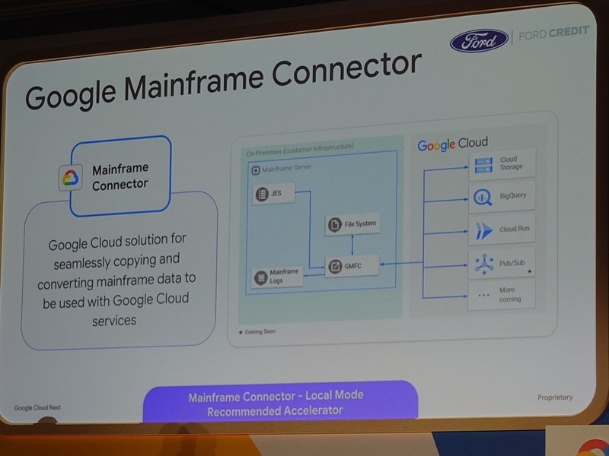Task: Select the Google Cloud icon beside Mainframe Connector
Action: point(70,179)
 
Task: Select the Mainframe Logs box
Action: point(278,275)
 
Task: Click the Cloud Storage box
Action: point(502,163)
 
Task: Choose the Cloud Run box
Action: point(502,230)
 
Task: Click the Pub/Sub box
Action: point(502,263)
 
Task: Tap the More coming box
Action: point(502,294)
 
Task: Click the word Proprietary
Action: point(554,397)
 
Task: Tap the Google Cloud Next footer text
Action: point(37,407)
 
